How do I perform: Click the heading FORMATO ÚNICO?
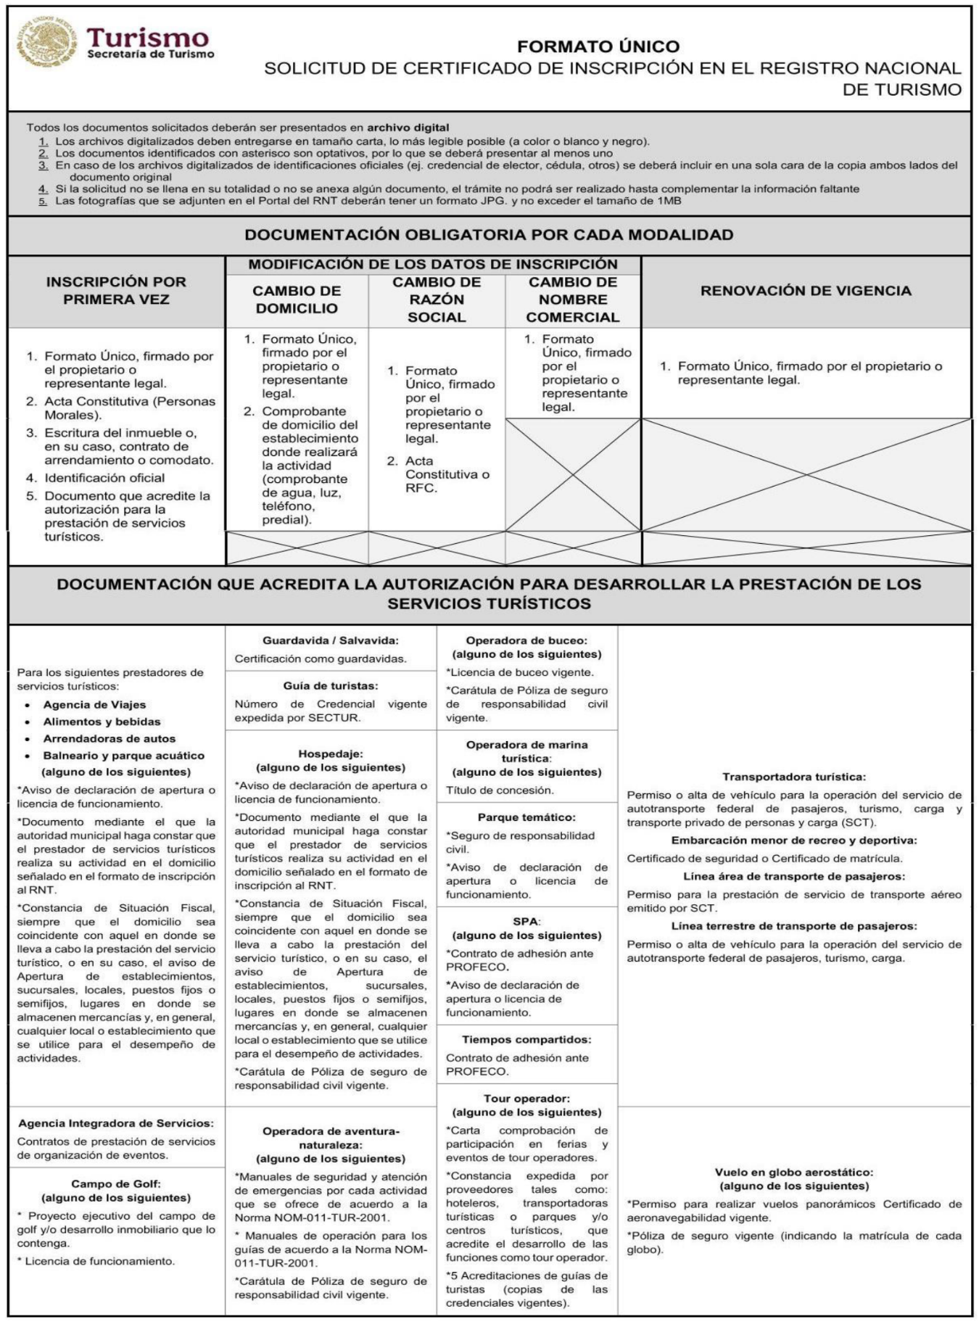tap(598, 46)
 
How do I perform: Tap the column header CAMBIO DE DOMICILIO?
tap(297, 299)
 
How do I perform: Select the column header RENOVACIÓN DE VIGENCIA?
tap(805, 291)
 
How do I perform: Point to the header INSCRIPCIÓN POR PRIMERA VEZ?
tap(116, 290)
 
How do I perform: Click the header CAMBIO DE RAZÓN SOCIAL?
tap(437, 299)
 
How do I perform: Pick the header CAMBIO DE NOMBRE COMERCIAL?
tap(572, 299)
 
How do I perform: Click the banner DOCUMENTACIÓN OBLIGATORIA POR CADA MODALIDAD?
tap(489, 235)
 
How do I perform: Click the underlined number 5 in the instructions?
tap(44, 201)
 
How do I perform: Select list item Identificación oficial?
tap(104, 478)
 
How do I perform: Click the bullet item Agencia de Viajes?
tap(94, 705)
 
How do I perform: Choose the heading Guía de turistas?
tap(331, 685)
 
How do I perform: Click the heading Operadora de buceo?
tap(526, 640)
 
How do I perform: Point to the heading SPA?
tap(526, 922)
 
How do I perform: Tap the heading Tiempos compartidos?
tap(526, 1040)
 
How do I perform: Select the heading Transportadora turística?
tap(794, 777)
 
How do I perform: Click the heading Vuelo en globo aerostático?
tap(794, 1172)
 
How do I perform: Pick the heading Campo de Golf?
tap(116, 1184)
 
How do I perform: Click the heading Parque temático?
tap(526, 817)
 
